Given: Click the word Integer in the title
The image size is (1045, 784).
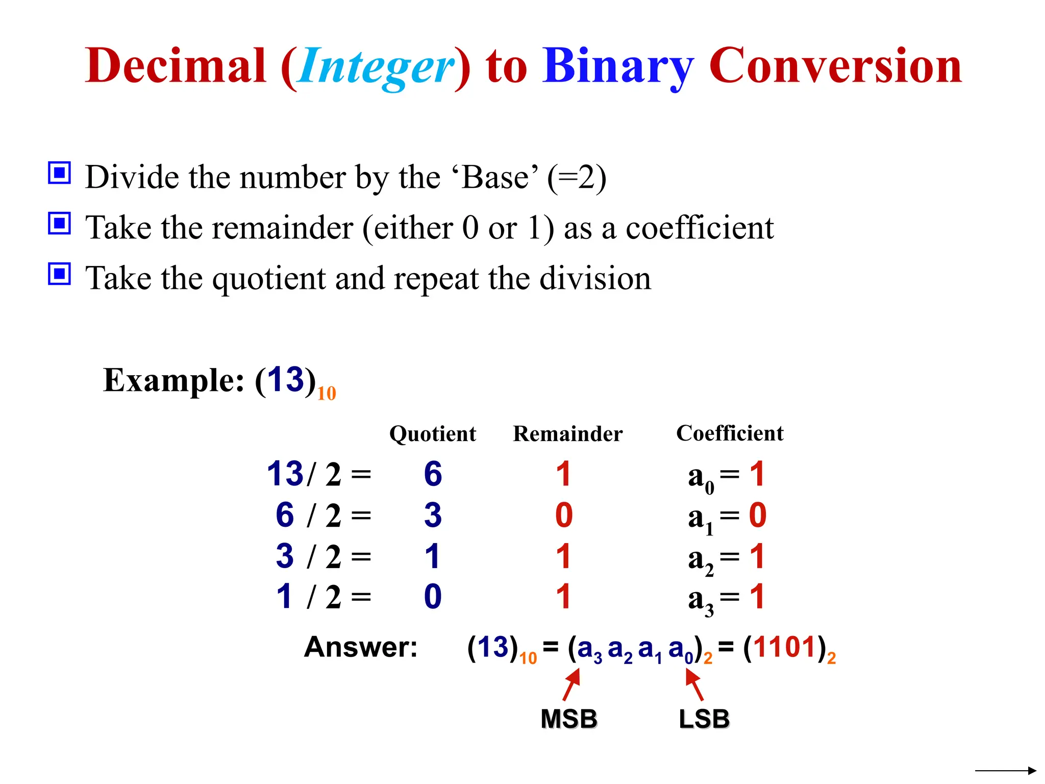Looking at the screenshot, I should (x=376, y=66).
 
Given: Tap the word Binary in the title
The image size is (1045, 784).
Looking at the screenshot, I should (x=618, y=66).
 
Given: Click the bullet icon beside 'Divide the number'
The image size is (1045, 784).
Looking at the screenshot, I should (x=59, y=173).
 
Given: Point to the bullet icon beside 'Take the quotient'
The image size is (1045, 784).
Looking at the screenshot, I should (x=59, y=274).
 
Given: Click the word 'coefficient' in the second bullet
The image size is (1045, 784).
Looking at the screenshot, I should (x=700, y=228).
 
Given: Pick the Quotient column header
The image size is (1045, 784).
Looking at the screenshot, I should (x=432, y=434).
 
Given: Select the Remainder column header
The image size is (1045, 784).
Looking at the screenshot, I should (x=567, y=434).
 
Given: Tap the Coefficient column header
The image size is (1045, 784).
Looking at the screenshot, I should (x=730, y=433).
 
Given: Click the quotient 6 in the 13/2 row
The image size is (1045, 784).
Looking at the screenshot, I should (x=433, y=474).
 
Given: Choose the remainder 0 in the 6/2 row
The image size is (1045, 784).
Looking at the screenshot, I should (x=564, y=515).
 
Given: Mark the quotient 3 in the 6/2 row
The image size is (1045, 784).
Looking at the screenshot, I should (x=433, y=515).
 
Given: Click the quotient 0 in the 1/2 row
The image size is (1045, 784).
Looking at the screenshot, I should (x=433, y=597).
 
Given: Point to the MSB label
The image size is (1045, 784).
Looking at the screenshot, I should (x=569, y=719).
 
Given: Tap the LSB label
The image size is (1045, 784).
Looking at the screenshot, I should (x=704, y=719).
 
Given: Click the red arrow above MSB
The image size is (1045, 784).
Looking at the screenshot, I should (x=572, y=684).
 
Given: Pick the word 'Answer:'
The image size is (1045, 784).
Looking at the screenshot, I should (x=361, y=647).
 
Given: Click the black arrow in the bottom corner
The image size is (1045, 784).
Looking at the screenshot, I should (x=1005, y=771).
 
